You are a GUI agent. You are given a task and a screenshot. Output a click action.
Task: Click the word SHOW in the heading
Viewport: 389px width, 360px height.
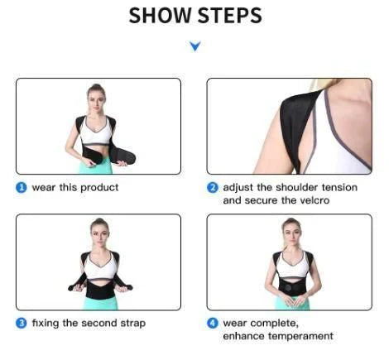coord(161,15)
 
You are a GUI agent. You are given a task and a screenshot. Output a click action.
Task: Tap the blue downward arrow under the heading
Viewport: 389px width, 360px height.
coord(195,46)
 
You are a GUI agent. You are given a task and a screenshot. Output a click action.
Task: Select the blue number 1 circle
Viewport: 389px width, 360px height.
coord(22,188)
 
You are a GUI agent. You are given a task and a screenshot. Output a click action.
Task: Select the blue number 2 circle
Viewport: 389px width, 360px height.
coord(213,188)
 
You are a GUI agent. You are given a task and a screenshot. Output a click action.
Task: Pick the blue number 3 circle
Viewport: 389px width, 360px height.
coord(22,323)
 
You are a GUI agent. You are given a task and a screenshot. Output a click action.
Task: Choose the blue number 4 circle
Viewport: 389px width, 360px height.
coord(213,323)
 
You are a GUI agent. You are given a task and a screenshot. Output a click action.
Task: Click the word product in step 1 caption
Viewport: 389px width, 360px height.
coord(99,188)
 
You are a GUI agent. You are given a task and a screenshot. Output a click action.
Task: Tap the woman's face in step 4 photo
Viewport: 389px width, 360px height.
coord(290,229)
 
